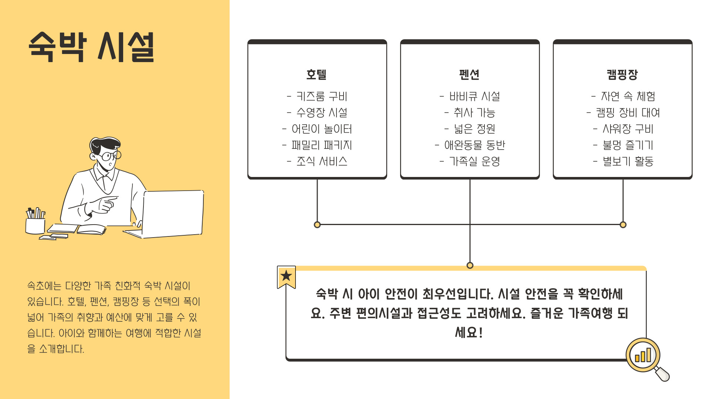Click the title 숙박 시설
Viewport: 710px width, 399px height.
click(91, 47)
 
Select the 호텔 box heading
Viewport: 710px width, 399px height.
click(317, 75)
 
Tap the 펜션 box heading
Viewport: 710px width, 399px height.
click(469, 75)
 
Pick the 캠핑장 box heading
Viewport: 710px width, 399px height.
click(622, 75)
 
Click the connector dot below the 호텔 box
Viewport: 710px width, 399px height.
click(317, 225)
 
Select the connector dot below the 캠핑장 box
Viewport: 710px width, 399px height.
click(623, 225)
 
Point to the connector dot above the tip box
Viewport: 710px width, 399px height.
click(470, 265)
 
